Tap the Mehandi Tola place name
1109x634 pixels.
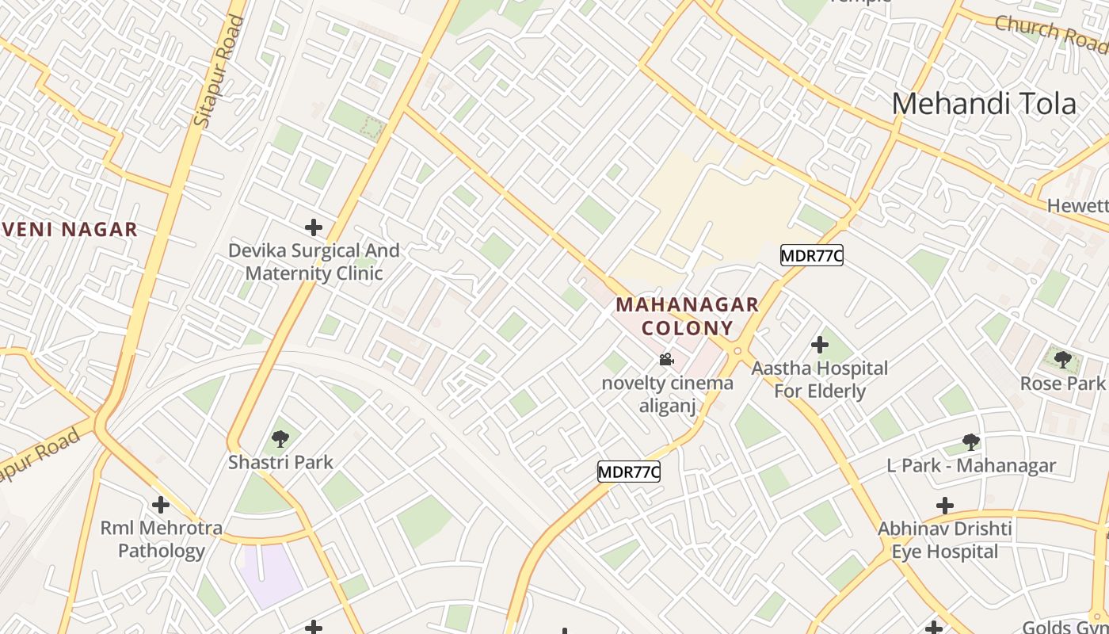click(984, 104)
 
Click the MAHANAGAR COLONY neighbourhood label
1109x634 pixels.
click(687, 316)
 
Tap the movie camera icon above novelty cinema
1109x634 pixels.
click(667, 360)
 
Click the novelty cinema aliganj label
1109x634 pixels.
click(667, 395)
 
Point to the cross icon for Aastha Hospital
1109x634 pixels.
click(820, 345)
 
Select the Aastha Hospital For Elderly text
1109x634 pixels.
click(820, 380)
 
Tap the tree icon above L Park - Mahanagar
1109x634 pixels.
click(971, 442)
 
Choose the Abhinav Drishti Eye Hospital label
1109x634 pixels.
click(944, 540)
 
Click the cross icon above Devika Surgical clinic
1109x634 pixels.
click(314, 227)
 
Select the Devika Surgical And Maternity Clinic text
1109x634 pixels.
click(314, 262)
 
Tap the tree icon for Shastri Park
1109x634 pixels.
click(280, 438)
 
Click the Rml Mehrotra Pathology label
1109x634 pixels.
click(161, 539)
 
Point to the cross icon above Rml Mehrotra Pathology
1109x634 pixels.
click(161, 504)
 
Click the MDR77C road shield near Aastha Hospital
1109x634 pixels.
click(811, 255)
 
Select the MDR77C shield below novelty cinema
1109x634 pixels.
click(628, 472)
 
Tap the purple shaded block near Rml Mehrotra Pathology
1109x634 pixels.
click(271, 574)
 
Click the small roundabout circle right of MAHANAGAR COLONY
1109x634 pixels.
click(737, 350)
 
